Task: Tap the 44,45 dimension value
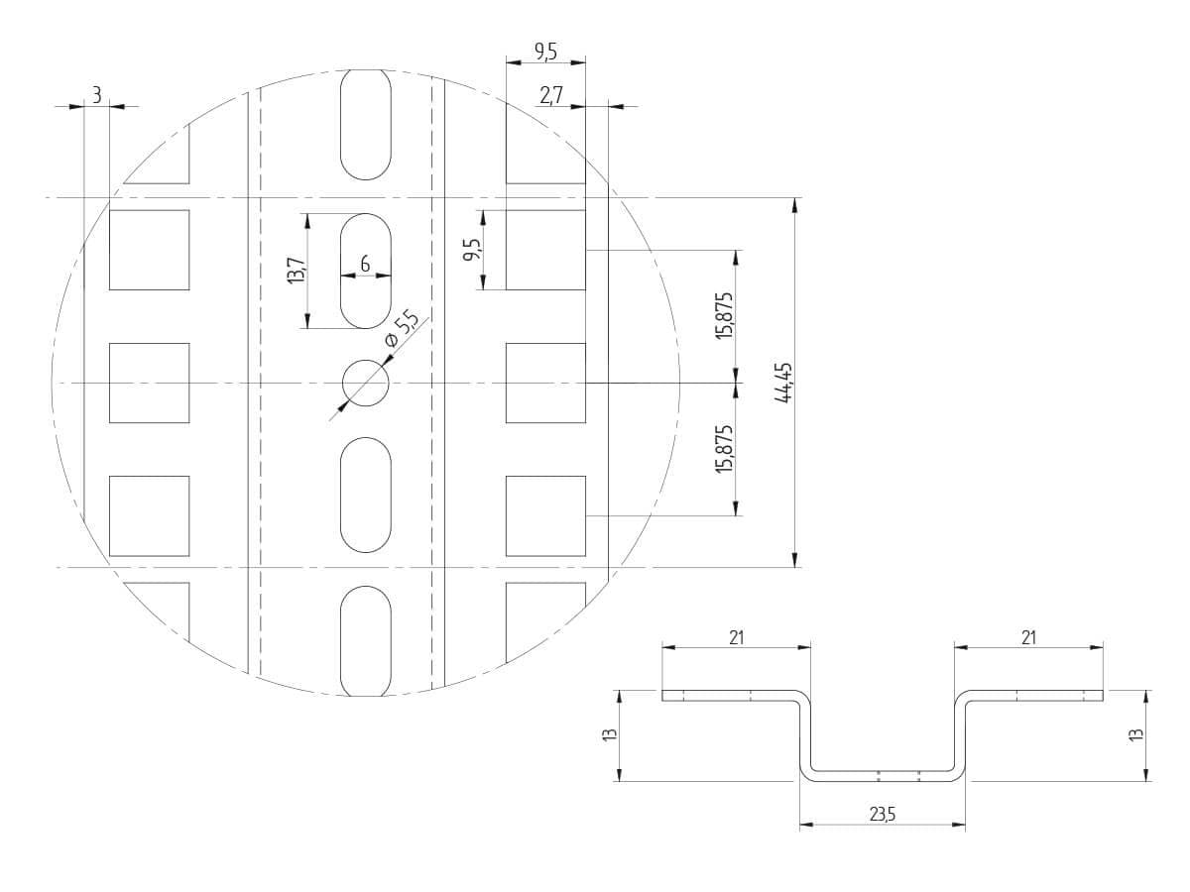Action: pyautogui.click(x=784, y=383)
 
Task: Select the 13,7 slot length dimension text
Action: pyautogui.click(x=296, y=271)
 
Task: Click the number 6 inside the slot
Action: pyautogui.click(x=365, y=265)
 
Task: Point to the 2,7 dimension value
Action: pyautogui.click(x=551, y=96)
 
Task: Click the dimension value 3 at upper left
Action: pyautogui.click(x=96, y=96)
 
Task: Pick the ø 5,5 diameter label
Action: pyautogui.click(x=401, y=329)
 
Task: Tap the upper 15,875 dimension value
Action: pyautogui.click(x=724, y=316)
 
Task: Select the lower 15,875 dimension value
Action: pyautogui.click(x=724, y=449)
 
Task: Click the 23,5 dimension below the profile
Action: pyautogui.click(x=883, y=814)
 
